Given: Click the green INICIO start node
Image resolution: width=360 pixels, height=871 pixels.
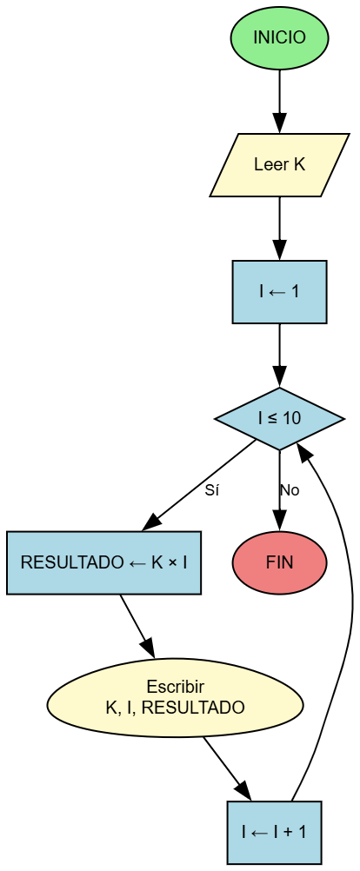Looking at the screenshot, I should pyautogui.click(x=279, y=38).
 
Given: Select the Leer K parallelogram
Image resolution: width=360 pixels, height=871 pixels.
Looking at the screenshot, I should pyautogui.click(x=279, y=165).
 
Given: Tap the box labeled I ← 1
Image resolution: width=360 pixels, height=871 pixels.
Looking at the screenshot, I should pyautogui.click(x=279, y=291).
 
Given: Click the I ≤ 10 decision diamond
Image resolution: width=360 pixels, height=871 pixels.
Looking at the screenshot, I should pyautogui.click(x=279, y=419).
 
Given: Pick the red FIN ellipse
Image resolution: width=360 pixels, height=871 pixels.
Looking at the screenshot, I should pyautogui.click(x=279, y=562).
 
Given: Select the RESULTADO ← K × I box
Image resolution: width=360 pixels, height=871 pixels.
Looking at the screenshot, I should pyautogui.click(x=103, y=562).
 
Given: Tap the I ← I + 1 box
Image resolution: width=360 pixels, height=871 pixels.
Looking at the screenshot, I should pyautogui.click(x=274, y=832).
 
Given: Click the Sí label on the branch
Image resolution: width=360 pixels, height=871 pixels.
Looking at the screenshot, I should pyautogui.click(x=211, y=490).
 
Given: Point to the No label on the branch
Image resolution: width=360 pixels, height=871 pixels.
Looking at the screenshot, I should pyautogui.click(x=290, y=490).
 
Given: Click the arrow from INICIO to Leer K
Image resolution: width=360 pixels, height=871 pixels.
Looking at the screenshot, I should pyautogui.click(x=279, y=101).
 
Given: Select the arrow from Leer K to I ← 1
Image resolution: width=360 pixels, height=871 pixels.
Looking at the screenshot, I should pyautogui.click(x=279, y=228).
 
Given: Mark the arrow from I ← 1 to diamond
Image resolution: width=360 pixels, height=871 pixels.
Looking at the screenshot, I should pyautogui.click(x=279, y=355).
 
